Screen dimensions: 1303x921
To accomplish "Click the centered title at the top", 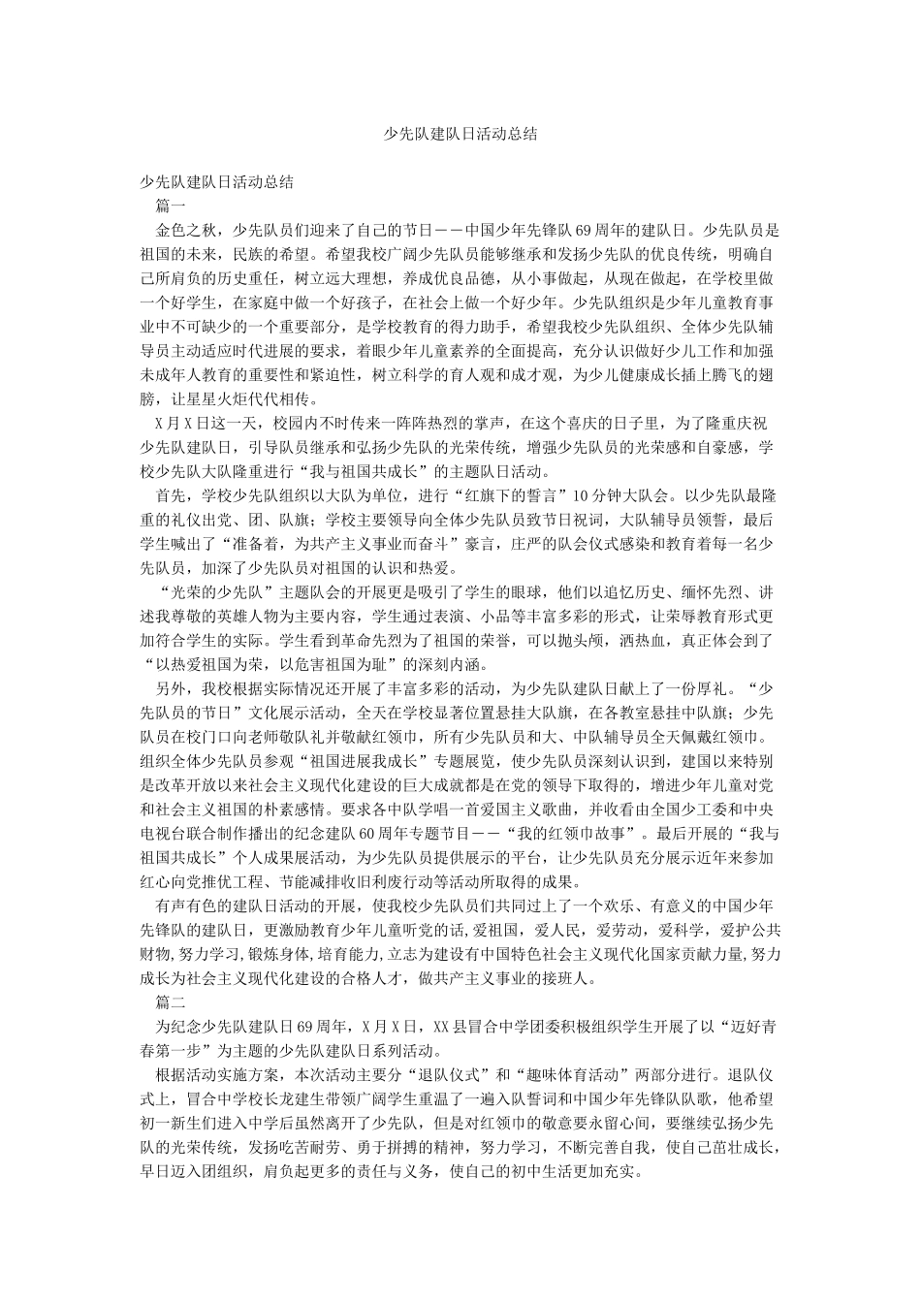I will pos(460,135).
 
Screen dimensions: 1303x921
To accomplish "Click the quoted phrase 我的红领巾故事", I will pos(586,833).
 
